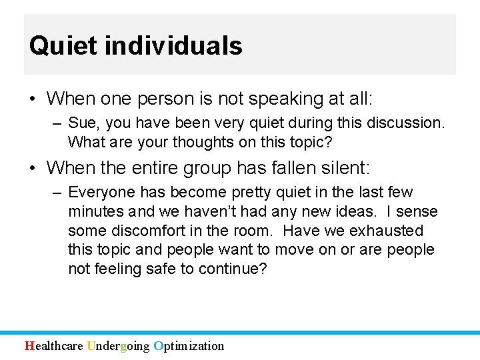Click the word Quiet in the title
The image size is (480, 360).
pos(54,46)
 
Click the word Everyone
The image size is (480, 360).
pos(102,193)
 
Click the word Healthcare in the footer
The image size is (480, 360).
pos(54,345)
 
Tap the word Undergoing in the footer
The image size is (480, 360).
pos(118,345)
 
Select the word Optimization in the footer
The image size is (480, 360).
pos(189,345)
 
